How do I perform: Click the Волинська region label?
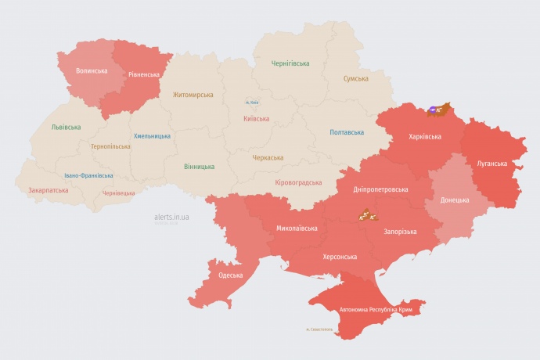pyautogui.click(x=92, y=70)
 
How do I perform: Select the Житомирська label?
pyautogui.click(x=193, y=95)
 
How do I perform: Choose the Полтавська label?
pyautogui.click(x=346, y=132)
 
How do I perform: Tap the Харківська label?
pyautogui.click(x=425, y=136)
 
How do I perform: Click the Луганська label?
pyautogui.click(x=492, y=164)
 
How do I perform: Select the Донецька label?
pyautogui.click(x=455, y=200)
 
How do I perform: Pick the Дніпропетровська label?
pyautogui.click(x=380, y=189)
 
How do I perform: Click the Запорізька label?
pyautogui.click(x=400, y=232)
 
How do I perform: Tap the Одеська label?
pyautogui.click(x=230, y=275)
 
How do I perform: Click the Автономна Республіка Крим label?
pyautogui.click(x=376, y=310)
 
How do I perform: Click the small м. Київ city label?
pyautogui.click(x=252, y=102)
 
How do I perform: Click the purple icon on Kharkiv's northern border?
pyautogui.click(x=434, y=110)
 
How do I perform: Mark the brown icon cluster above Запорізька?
pyautogui.click(x=367, y=214)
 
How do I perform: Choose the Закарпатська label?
pyautogui.click(x=49, y=189)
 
